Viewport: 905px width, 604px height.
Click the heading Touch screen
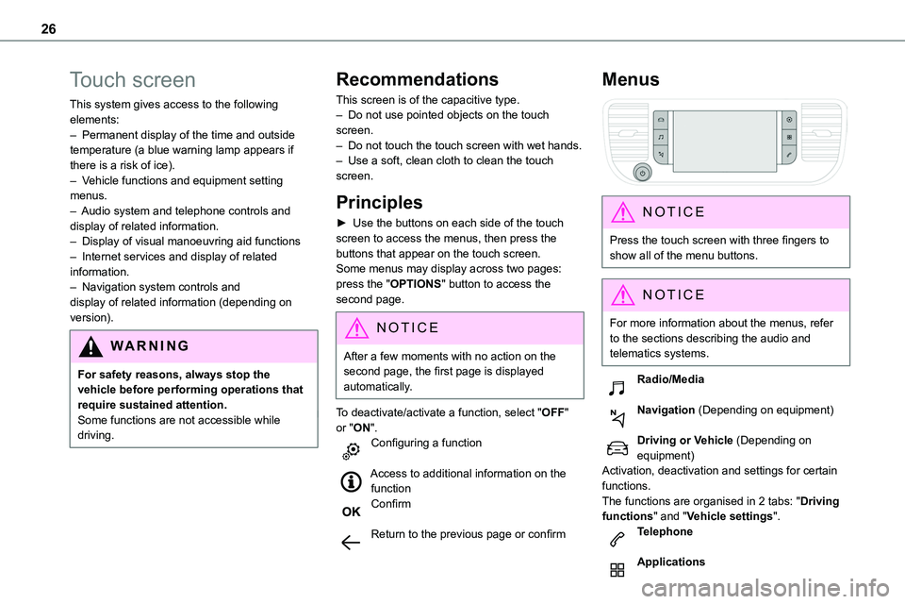pyautogui.click(x=133, y=79)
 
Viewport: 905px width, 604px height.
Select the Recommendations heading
pyautogui.click(x=417, y=79)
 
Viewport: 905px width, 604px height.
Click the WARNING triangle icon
pyautogui.click(x=91, y=346)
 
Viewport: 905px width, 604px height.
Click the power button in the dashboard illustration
pyautogui.click(x=643, y=173)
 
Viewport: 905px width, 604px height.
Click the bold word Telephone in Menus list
pyautogui.click(x=665, y=532)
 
